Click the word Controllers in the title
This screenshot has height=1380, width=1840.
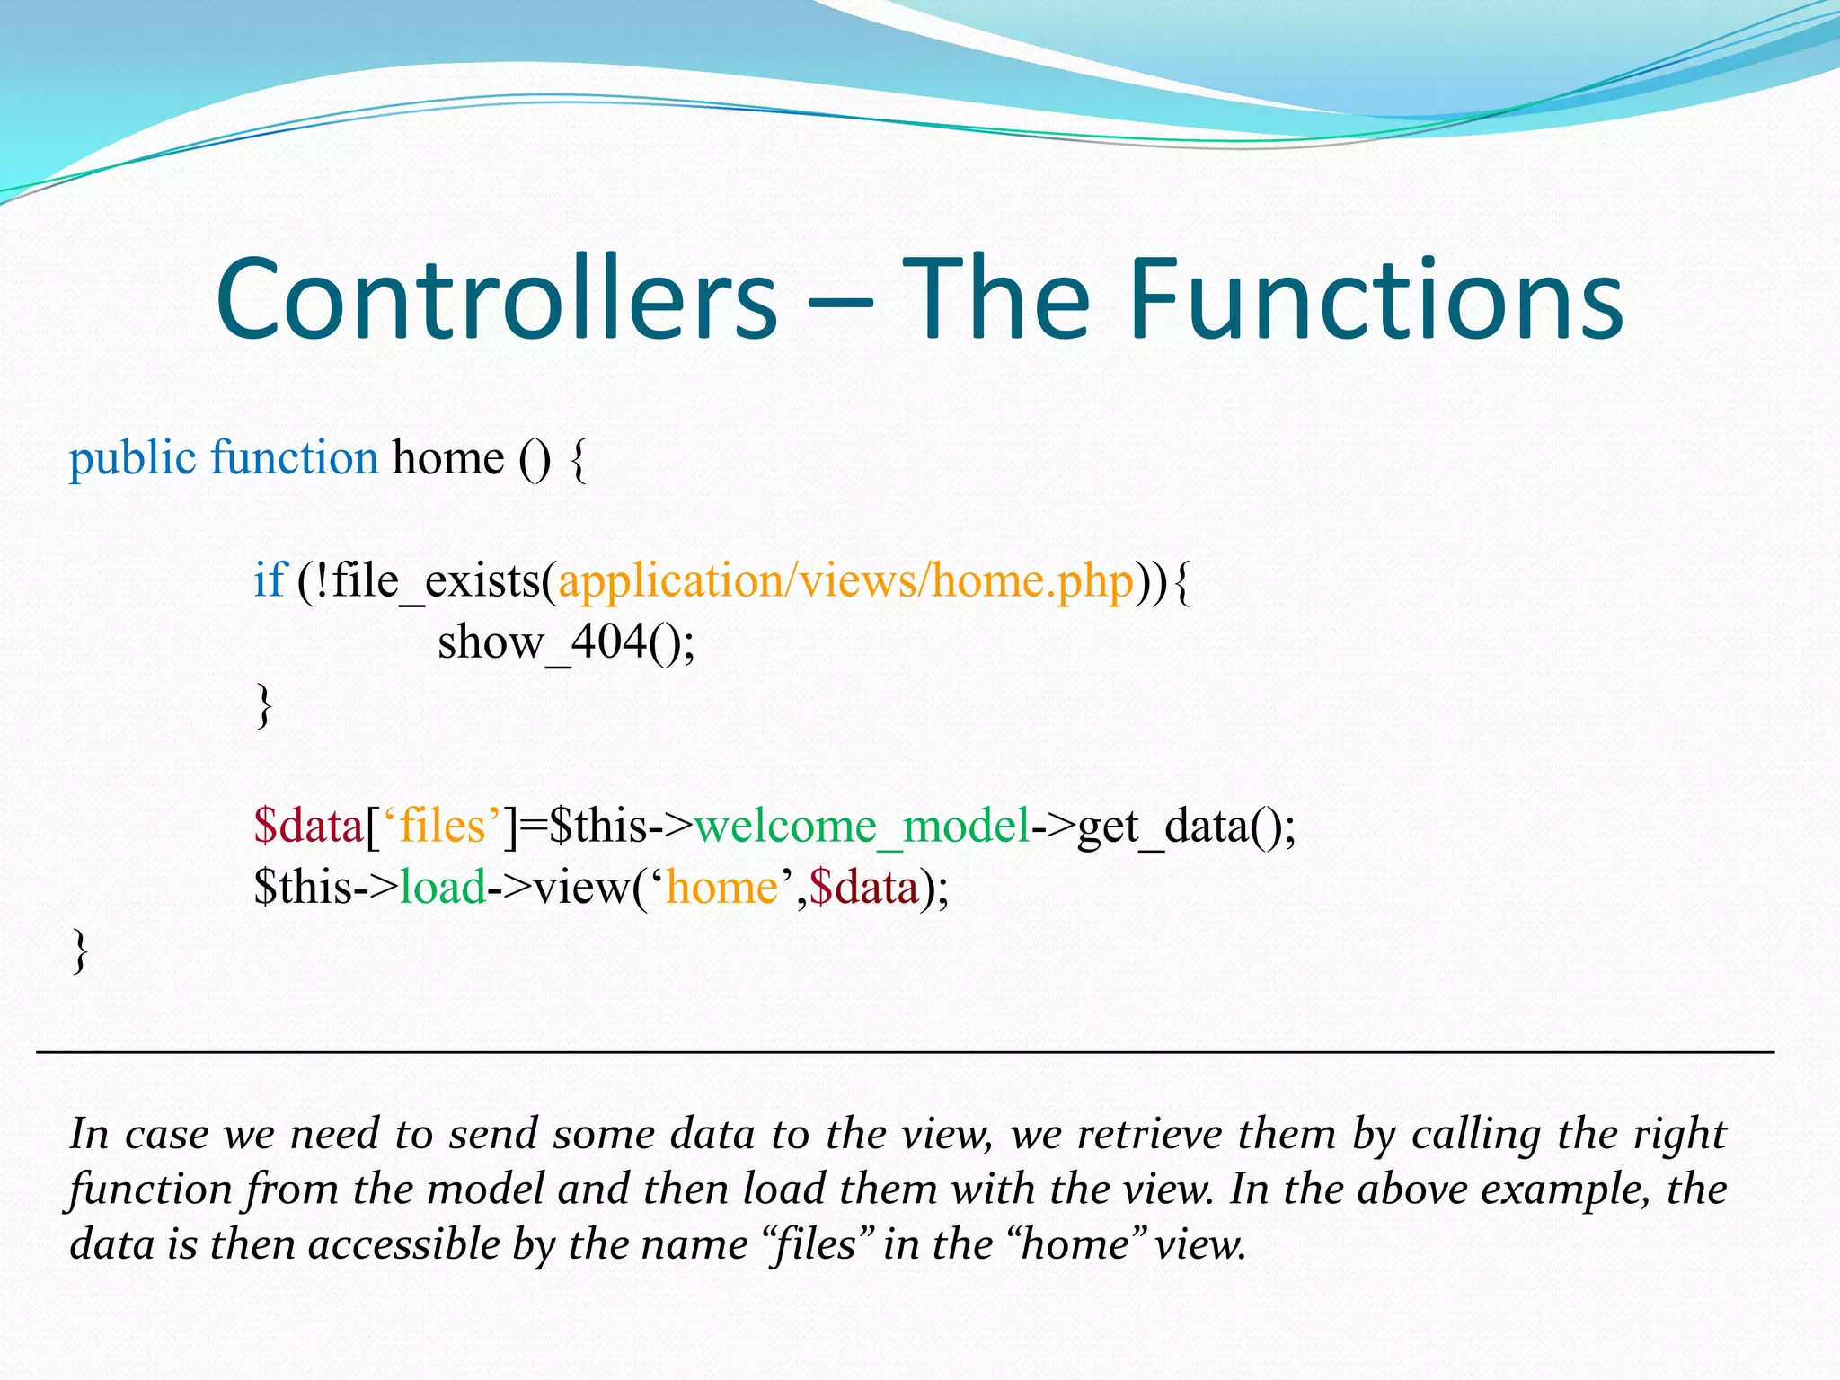[496, 298]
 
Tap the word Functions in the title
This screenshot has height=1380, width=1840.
[1375, 298]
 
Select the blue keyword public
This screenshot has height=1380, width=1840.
[132, 459]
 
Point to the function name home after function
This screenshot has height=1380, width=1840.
[447, 458]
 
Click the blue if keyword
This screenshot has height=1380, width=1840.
[269, 580]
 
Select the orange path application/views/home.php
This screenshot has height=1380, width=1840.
[845, 581]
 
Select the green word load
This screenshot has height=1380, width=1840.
[442, 888]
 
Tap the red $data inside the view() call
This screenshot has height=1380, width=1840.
[863, 888]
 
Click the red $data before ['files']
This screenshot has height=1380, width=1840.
[308, 826]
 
